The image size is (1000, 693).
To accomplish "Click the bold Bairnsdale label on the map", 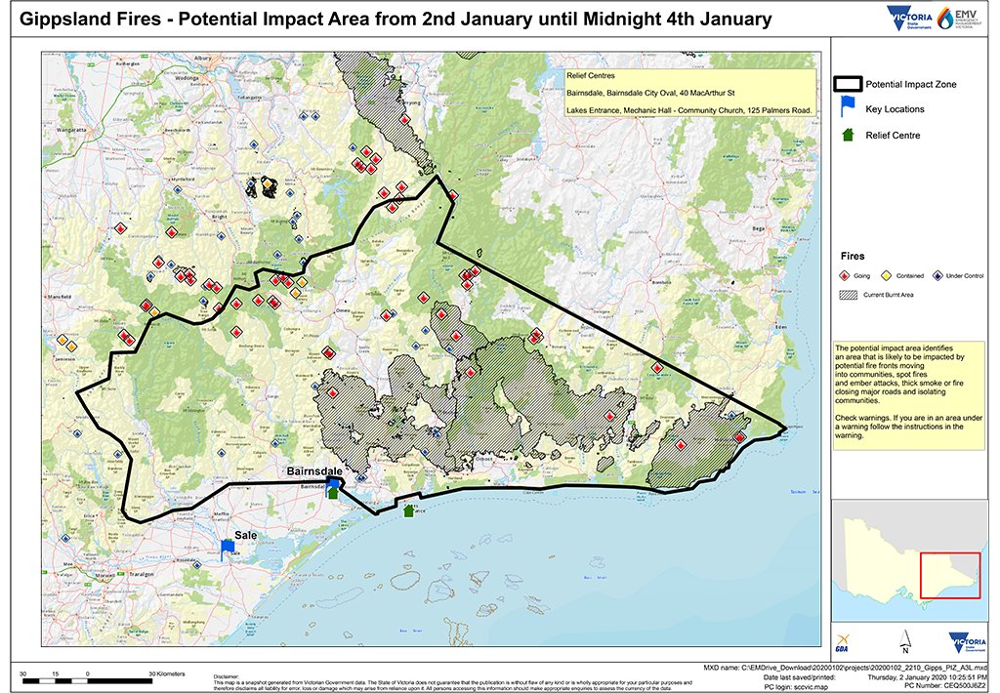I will [x=312, y=470].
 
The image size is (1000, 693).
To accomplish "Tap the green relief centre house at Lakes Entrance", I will [x=408, y=510].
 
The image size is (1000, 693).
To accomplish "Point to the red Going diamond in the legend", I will [x=846, y=276].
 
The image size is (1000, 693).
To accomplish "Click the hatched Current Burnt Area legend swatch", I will [x=847, y=294].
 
